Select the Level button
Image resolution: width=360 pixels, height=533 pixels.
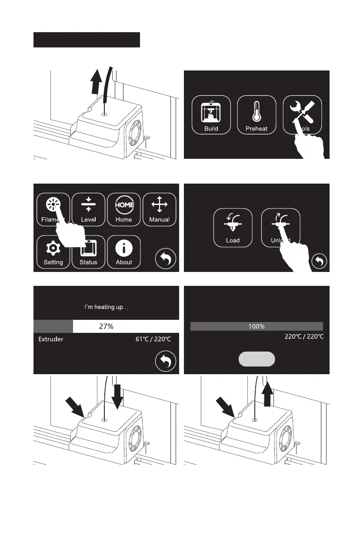(88, 210)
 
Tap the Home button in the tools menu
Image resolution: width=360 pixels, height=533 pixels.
(124, 210)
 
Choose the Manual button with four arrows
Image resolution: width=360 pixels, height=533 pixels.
(160, 210)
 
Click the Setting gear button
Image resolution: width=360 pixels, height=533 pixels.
(53, 252)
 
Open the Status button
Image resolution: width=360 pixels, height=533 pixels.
(88, 252)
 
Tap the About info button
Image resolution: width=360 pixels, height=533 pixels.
(124, 252)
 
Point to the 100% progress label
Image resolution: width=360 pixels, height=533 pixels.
(257, 326)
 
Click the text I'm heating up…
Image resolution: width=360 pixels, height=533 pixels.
(106, 307)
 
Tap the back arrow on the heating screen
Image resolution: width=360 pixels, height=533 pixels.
(166, 362)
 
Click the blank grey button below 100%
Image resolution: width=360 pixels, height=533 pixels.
(257, 359)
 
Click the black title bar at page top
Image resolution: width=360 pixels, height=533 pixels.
(87, 40)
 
